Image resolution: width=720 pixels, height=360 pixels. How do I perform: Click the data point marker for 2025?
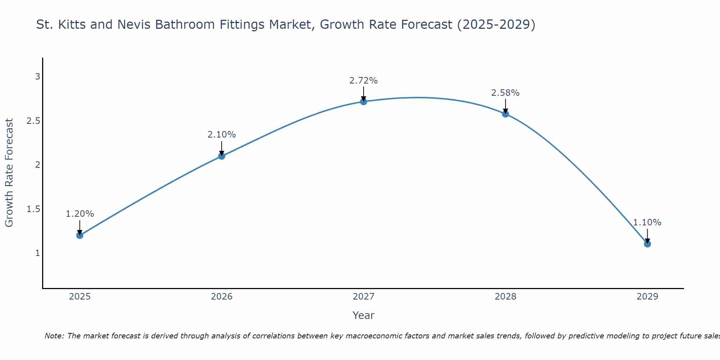(x=80, y=235)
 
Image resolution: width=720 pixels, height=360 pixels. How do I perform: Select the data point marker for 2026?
(x=222, y=156)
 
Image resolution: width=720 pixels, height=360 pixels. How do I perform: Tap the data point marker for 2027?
(x=364, y=102)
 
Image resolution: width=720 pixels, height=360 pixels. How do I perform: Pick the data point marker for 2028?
(x=505, y=114)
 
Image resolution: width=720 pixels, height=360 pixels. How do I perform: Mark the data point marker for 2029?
(x=647, y=244)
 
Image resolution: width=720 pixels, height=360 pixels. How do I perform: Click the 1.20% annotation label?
(x=80, y=214)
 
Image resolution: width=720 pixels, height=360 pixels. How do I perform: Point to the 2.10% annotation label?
(x=222, y=135)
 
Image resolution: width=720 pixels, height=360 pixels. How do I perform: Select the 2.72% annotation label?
(x=364, y=81)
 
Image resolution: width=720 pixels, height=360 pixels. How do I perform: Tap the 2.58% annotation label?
(x=505, y=93)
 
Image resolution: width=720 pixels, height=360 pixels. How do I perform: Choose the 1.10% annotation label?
(x=647, y=222)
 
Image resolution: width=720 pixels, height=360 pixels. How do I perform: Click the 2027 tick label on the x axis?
(x=364, y=297)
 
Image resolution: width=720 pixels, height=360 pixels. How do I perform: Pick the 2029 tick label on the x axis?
(x=647, y=297)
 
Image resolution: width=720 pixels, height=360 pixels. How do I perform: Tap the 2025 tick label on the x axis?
(x=80, y=297)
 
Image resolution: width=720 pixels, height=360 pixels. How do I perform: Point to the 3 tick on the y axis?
(x=37, y=77)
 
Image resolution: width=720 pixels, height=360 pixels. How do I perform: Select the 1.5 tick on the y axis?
(x=33, y=209)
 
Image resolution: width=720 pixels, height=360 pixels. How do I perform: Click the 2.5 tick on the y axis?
(x=33, y=121)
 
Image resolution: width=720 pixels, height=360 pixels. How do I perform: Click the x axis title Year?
(x=364, y=315)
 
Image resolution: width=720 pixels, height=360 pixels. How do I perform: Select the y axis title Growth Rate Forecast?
(x=9, y=172)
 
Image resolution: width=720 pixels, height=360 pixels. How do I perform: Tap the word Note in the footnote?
(x=54, y=336)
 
